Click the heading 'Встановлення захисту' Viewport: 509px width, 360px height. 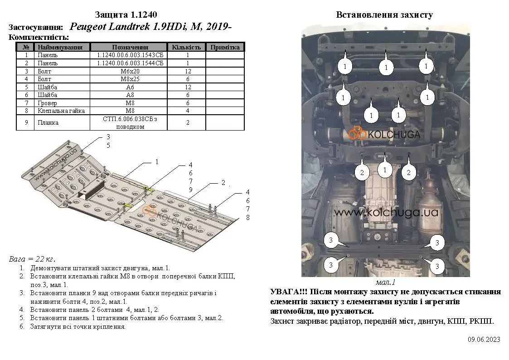click(384, 15)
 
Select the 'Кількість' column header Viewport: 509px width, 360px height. click(186, 47)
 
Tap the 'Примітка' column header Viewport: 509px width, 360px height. click(225, 47)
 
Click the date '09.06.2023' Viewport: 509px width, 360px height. click(484, 339)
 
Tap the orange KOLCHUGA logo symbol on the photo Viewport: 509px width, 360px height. click(357, 133)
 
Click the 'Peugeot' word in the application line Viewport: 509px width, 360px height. click(88, 27)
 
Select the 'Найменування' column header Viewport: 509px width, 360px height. click(60, 47)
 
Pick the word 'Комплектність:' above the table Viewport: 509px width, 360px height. click(39, 37)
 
